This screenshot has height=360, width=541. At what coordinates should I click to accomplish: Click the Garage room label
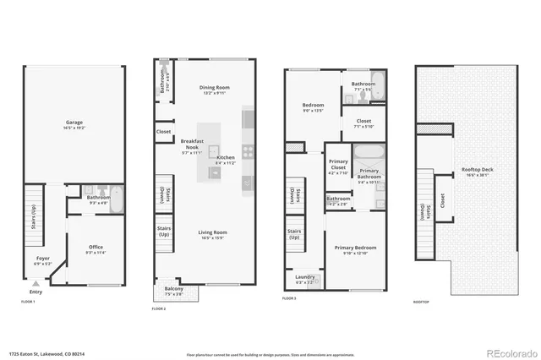74,121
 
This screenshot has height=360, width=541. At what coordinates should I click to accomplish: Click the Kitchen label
226,158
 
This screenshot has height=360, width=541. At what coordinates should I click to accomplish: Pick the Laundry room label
304,277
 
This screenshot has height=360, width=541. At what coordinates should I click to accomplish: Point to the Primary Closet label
337,167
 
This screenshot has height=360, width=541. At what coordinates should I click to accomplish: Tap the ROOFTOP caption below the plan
421,302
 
